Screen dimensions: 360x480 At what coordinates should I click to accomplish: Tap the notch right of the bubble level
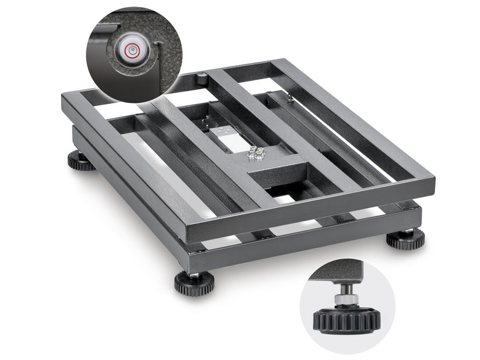pos(159,45)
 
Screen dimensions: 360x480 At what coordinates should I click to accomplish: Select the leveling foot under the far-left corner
pos(81,160)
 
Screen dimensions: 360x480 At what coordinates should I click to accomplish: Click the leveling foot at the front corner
pos(194,283)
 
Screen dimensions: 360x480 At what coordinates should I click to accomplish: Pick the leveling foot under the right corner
pos(405,239)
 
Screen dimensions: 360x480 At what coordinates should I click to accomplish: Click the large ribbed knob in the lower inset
pos(347,319)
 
